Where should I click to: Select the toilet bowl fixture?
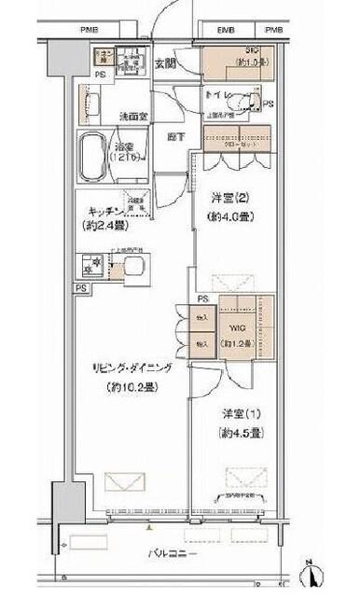point(244,99)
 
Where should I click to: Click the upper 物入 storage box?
point(201,320)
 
